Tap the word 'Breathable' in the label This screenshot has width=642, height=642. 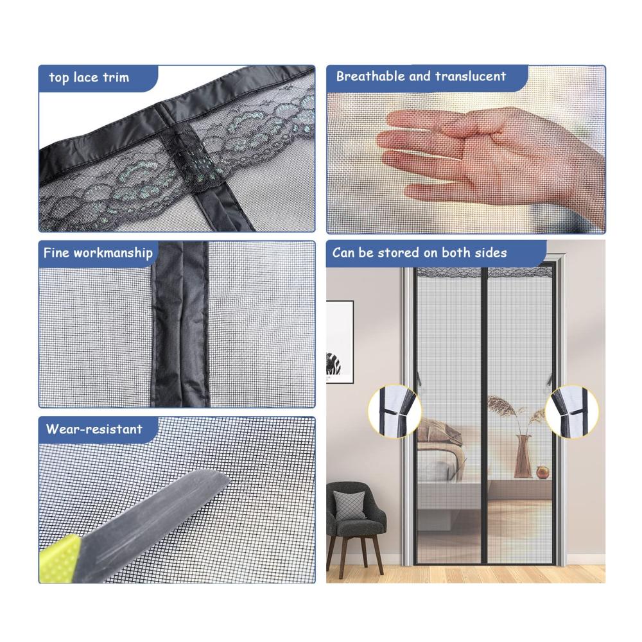[370, 76]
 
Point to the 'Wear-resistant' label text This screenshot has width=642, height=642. [94, 429]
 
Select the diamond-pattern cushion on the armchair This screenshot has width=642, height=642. [349, 505]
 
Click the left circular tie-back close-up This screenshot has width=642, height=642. [394, 411]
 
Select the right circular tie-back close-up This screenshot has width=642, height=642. [571, 411]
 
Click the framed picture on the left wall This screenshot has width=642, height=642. [340, 342]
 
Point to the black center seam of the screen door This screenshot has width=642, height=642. [483, 416]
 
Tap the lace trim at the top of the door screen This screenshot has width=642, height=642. [484, 273]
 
